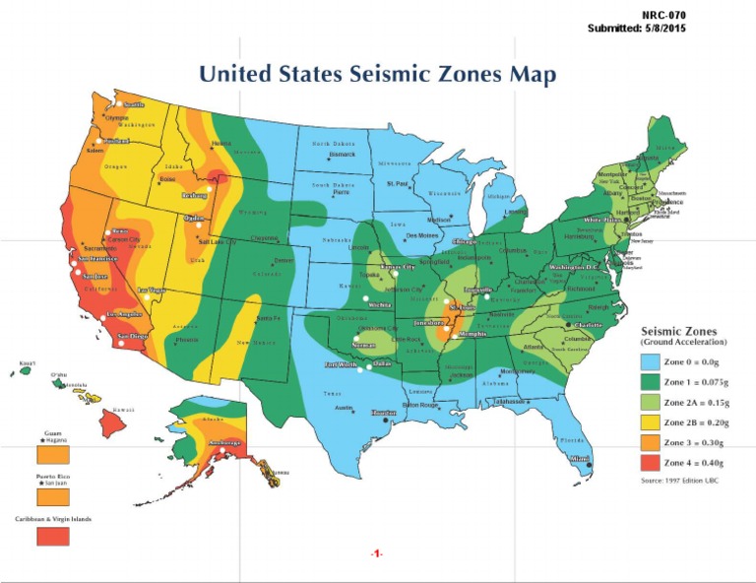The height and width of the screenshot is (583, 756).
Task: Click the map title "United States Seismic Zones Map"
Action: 377,75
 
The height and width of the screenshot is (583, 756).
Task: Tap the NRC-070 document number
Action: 664,16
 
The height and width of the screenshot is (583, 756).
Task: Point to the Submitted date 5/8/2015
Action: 637,29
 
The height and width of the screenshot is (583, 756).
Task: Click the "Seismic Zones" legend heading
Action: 679,331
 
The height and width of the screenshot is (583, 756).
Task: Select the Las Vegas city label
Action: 152,290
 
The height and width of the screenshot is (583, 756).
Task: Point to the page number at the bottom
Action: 376,554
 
